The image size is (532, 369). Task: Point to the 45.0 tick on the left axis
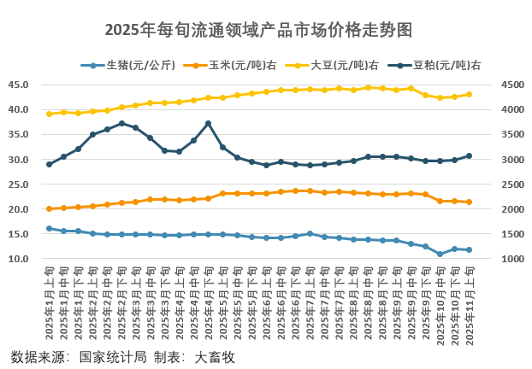pos(19,85)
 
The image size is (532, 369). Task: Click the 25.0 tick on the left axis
pos(19,184)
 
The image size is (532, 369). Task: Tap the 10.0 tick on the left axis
pos(19,259)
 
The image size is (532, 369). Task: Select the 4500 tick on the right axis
pos(500,85)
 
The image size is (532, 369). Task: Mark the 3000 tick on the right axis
pos(500,160)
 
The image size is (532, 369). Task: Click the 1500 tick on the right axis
pos(500,234)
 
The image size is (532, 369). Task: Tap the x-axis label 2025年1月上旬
pos(49,304)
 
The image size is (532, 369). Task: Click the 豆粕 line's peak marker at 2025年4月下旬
pos(208,123)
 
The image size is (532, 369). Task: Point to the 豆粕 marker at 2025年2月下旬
pos(121,123)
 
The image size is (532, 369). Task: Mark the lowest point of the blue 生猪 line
pos(440,254)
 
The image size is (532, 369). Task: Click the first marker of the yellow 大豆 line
pos(49,114)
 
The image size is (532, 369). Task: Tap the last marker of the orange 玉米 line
pos(469,202)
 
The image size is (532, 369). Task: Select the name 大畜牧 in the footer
pos(215,357)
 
